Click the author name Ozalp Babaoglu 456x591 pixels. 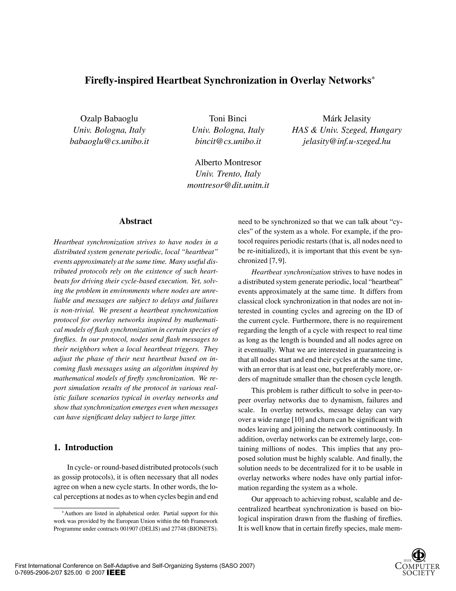point(109,118)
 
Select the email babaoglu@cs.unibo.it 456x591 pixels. point(109,142)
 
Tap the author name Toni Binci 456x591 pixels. point(228,118)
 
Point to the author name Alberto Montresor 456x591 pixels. point(228,162)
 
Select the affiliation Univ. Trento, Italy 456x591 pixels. point(228,174)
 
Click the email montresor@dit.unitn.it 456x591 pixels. point(228,185)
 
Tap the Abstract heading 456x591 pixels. point(136,221)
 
